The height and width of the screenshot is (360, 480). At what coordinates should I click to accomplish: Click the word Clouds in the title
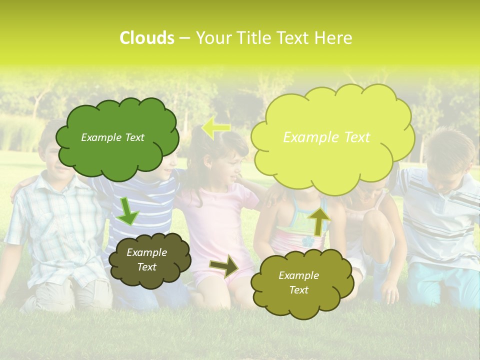146,38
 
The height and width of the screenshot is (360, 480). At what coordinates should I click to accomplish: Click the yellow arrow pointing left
216,128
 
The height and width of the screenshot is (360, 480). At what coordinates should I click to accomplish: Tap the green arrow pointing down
128,211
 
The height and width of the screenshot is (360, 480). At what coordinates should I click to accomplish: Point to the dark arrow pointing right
224,265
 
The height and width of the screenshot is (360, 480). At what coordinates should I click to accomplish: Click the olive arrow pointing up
318,220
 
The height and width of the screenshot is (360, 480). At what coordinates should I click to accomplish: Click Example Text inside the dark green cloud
112,137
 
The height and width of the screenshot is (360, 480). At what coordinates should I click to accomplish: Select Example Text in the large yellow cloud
326,137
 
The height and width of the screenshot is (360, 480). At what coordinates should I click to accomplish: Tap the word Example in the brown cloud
146,252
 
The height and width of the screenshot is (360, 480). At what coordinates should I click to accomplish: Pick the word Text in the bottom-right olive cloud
298,290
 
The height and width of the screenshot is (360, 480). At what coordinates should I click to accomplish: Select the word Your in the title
212,38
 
